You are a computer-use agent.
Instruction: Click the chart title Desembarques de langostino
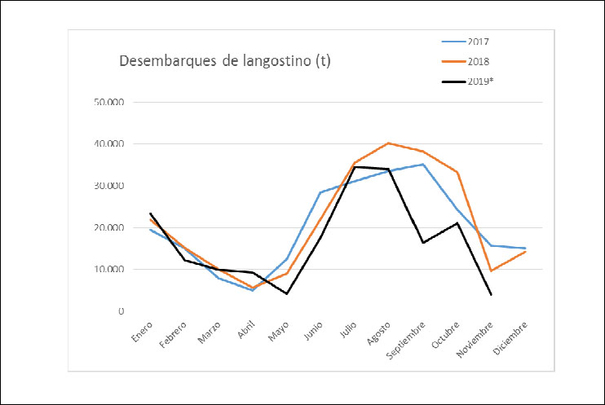pos(225,61)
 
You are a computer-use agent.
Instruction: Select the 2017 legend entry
pos(478,41)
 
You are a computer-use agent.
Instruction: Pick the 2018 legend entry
pos(478,61)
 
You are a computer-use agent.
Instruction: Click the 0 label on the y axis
pos(121,311)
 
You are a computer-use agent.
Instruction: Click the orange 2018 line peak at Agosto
pos(389,143)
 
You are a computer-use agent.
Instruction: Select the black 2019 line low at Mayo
pos(286,293)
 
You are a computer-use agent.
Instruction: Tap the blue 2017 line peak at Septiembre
pos(423,165)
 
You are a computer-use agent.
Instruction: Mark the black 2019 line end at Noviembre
pos(491,295)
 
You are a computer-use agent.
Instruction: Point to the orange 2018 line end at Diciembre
pos(525,252)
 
